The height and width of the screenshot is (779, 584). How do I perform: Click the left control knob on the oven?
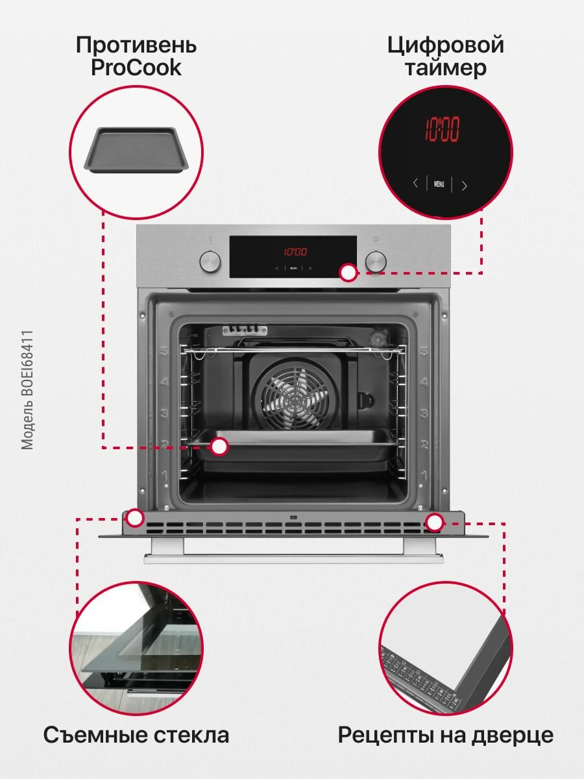pyautogui.click(x=210, y=262)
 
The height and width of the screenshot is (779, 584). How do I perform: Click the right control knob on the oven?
pyautogui.click(x=376, y=262)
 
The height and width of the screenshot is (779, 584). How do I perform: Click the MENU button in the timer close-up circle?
pyautogui.click(x=439, y=184)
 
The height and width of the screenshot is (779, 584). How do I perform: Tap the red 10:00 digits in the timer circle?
pyautogui.click(x=442, y=130)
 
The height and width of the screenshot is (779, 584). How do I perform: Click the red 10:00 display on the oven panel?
pyautogui.click(x=295, y=252)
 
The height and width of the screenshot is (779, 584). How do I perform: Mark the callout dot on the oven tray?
pyautogui.click(x=220, y=447)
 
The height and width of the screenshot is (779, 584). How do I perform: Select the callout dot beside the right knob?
pyautogui.click(x=348, y=273)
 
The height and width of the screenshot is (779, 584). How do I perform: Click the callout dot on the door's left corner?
pyautogui.click(x=135, y=518)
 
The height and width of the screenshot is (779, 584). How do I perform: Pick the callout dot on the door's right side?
pyautogui.click(x=434, y=521)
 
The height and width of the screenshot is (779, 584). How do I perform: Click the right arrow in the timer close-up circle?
pyautogui.click(x=464, y=185)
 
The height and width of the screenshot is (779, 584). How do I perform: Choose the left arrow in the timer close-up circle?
pyautogui.click(x=415, y=184)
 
